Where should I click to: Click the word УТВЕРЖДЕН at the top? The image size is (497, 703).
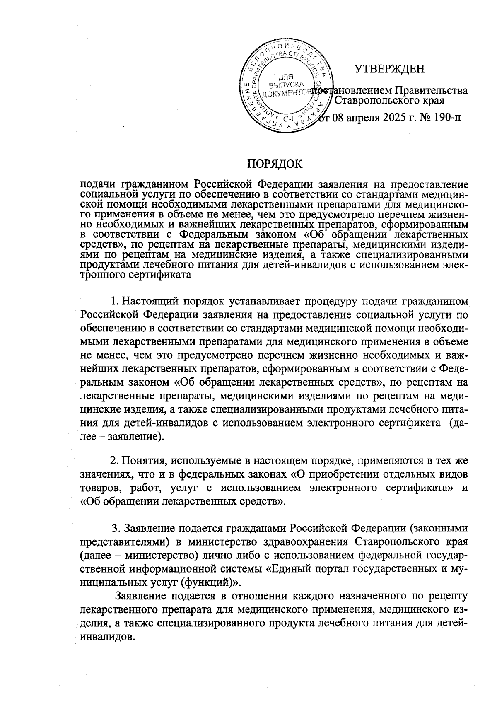click(x=389, y=69)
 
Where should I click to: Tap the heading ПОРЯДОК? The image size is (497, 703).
click(x=275, y=164)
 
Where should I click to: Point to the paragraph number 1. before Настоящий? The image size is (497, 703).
click(x=115, y=300)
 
